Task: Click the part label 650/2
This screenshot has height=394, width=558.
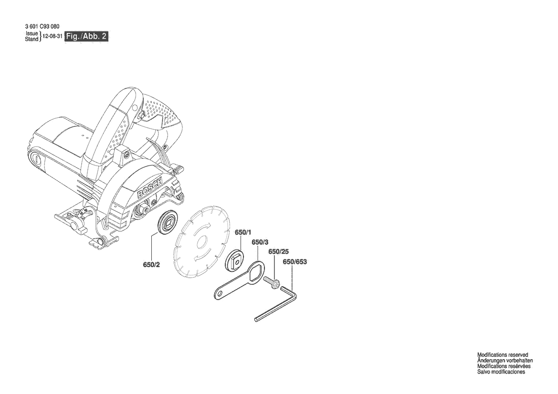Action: pyautogui.click(x=151, y=265)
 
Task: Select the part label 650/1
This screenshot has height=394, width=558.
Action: pyautogui.click(x=243, y=232)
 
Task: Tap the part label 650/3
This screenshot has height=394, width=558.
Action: pyautogui.click(x=260, y=242)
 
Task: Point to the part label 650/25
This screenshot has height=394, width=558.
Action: pyautogui.click(x=278, y=251)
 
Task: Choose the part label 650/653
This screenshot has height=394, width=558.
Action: pyautogui.click(x=295, y=262)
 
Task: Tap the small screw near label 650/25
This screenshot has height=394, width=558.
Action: pyautogui.click(x=272, y=284)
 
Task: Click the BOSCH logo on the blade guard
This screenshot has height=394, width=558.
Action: pyautogui.click(x=150, y=188)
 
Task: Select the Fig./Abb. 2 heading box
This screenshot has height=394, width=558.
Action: pyautogui.click(x=86, y=36)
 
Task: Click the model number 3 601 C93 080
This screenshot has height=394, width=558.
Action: pyautogui.click(x=42, y=26)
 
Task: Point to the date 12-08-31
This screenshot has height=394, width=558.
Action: pyautogui.click(x=53, y=36)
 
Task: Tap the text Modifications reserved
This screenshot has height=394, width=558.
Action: pyautogui.click(x=503, y=355)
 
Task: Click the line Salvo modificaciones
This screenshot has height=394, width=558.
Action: pyautogui.click(x=501, y=372)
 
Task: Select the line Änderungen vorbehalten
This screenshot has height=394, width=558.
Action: pyautogui.click(x=505, y=361)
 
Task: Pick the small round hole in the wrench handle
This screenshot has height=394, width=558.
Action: pyautogui.click(x=220, y=294)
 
